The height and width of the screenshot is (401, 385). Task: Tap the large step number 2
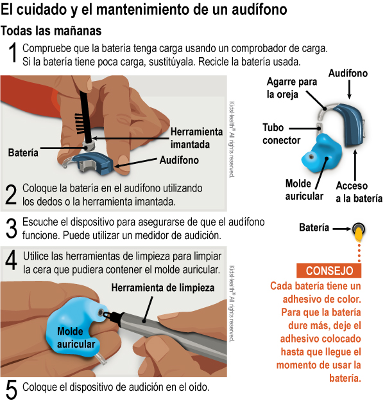[x=11, y=195]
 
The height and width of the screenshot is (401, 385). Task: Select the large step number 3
[x=11, y=228]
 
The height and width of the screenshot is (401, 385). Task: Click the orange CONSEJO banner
[x=329, y=271]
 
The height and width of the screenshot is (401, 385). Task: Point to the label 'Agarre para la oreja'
[x=292, y=88]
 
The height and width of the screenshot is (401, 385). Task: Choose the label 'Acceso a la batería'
[x=359, y=192]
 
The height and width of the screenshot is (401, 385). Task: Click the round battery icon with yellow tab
[x=357, y=228]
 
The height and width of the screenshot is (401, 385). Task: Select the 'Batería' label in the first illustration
[x=23, y=152]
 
